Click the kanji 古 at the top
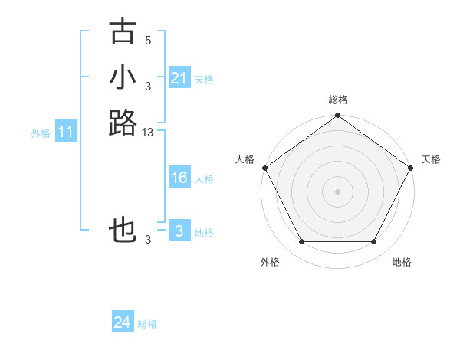coord(123,32)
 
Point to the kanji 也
coord(123,231)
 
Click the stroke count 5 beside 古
coord(148,41)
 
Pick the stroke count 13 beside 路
coord(148,133)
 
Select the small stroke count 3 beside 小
coord(148,86)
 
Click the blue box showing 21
coord(179,78)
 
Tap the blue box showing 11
coord(66,133)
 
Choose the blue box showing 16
coord(179,178)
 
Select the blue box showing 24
coord(123,322)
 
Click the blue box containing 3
coord(179,231)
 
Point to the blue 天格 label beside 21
coord(204,80)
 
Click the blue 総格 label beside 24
coord(147,324)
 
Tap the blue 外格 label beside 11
coord(41,133)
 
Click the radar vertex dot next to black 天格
coord(411,169)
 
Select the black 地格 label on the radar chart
coord(402,262)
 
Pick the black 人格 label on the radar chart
coord(245,159)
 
